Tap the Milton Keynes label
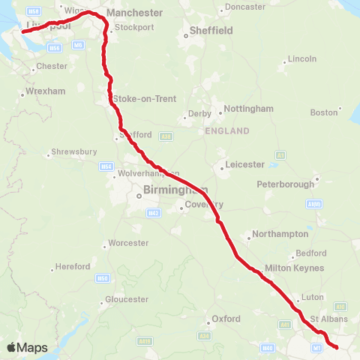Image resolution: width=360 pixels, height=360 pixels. point(294,268)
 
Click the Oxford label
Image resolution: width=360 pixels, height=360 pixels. point(226,319)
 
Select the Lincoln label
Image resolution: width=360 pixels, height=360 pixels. point(302,58)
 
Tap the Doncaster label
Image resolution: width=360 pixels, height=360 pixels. point(245,7)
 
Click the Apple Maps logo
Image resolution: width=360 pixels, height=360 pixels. point(26,347)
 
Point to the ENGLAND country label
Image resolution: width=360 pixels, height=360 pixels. point(226,130)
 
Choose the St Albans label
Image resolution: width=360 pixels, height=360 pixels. point(336,318)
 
